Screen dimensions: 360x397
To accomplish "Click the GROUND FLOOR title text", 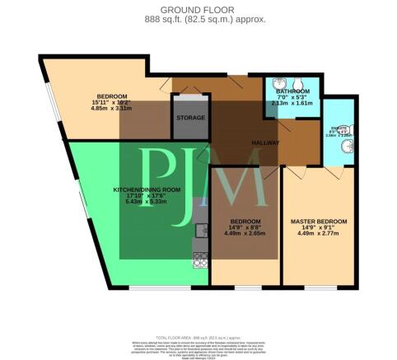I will click(198, 10).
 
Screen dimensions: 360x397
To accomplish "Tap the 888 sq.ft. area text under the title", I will click(198, 19).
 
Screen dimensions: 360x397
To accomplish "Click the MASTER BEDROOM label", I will click(319, 222).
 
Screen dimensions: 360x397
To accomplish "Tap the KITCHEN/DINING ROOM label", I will click(146, 190).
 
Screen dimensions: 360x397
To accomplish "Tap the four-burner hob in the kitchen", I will click(199, 262).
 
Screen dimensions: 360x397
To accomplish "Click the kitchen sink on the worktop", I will click(199, 231).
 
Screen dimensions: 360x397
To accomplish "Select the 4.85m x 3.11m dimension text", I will click(111, 108).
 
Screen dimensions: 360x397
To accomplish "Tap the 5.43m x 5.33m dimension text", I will click(146, 202).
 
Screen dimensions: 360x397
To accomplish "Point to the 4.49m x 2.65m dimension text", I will click(246, 232).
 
